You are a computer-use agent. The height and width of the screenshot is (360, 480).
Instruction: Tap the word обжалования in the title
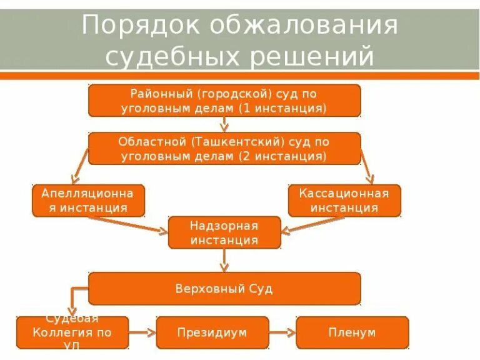(x=304, y=26)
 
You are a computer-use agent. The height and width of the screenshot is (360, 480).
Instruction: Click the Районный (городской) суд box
(x=224, y=101)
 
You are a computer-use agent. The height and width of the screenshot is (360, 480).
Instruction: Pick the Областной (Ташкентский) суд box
(x=224, y=148)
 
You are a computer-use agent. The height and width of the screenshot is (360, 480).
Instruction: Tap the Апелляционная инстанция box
(x=88, y=200)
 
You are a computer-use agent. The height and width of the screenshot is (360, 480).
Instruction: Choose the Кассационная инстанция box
(x=344, y=200)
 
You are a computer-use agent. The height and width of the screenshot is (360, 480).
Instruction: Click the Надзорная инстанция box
(x=224, y=232)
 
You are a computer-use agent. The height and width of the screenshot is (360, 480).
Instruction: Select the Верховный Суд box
(x=224, y=289)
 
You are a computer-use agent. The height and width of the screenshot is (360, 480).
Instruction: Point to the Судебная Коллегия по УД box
(x=72, y=332)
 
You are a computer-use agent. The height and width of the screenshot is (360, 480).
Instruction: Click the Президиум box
(x=212, y=332)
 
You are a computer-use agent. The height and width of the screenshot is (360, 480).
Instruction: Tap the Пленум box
(x=352, y=332)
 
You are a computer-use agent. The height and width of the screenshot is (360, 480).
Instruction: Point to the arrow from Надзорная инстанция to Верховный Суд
(x=224, y=260)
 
